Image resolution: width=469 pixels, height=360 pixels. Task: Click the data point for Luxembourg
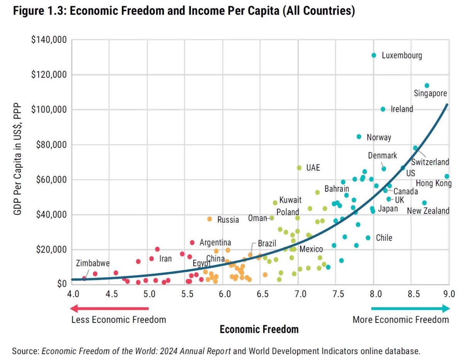coord(374,55)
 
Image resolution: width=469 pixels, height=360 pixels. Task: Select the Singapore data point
coord(427,85)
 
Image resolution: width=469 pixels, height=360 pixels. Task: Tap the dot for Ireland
coord(383,109)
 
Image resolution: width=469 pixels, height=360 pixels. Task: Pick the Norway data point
coord(359,137)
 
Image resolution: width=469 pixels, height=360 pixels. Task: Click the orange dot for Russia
coord(209,219)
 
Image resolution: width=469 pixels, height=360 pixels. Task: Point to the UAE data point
coord(299,168)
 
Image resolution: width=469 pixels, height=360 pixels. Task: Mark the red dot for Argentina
coord(192,243)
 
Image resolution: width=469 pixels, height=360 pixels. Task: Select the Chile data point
coord(368,238)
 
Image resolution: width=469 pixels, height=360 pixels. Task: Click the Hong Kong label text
coord(433,183)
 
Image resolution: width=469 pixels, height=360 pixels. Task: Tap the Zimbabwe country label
coord(93,263)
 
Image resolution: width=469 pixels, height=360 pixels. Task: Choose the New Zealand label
coord(428,211)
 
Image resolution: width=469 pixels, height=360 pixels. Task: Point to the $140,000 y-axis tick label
coord(49,40)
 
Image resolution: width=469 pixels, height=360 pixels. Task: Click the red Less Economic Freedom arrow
coord(110,308)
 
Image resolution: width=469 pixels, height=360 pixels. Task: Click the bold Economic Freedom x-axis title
coord(259,329)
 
